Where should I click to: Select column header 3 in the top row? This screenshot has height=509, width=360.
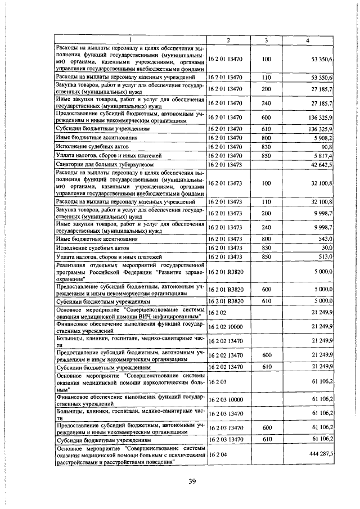(x=266, y=39)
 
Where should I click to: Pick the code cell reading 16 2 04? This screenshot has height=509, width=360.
(x=217, y=452)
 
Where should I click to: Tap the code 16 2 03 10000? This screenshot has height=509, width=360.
(x=225, y=399)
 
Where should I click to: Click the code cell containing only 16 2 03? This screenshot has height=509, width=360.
(x=217, y=381)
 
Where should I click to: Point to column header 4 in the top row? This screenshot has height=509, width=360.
(x=307, y=39)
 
